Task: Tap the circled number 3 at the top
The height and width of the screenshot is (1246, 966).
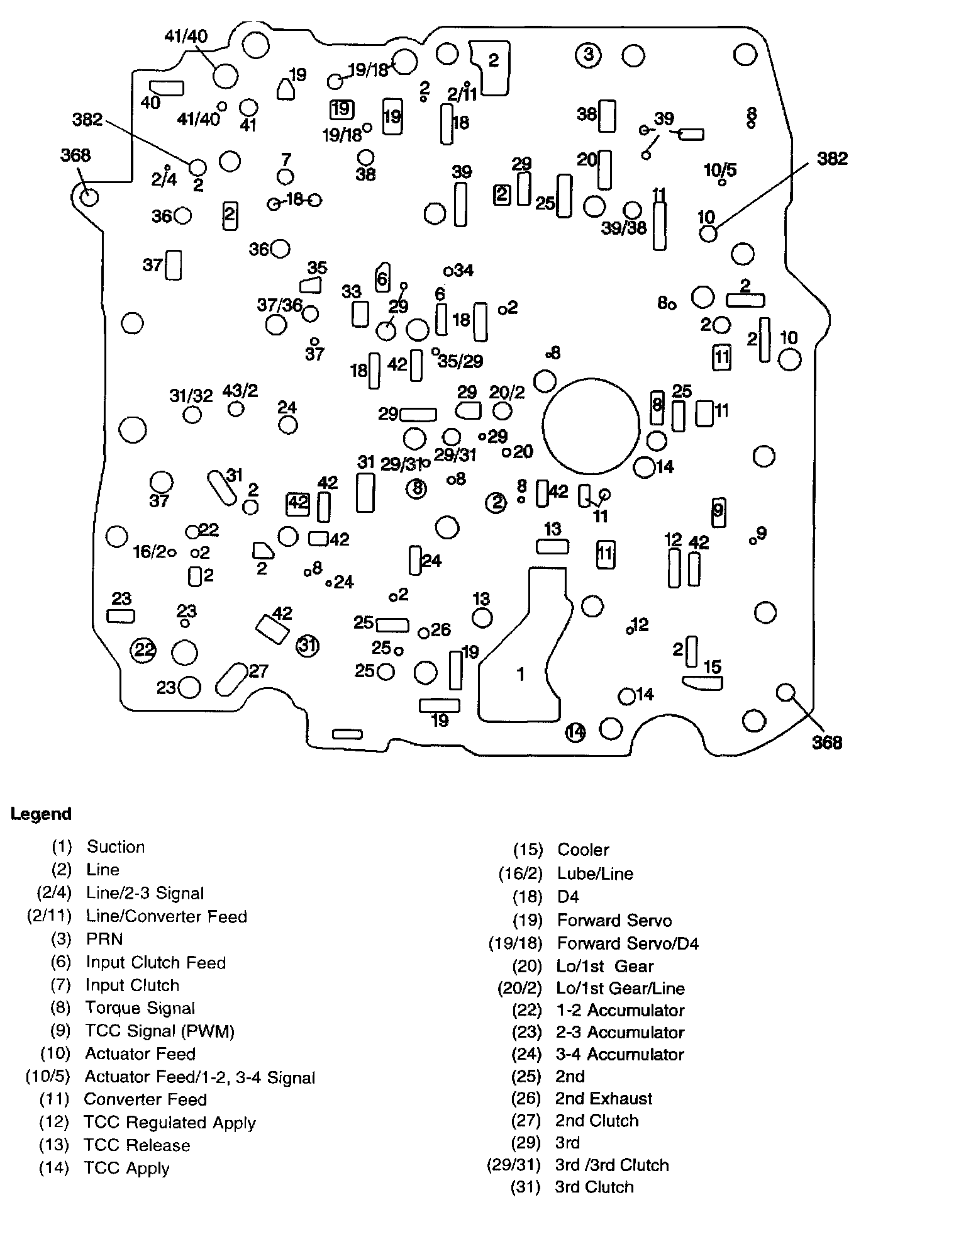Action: coord(588,55)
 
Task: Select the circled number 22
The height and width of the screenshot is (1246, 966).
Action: coord(143,649)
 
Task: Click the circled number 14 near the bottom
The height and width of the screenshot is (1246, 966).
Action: coord(575,732)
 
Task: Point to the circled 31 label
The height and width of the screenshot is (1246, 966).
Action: coord(307,645)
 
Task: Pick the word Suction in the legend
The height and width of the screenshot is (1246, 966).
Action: coord(116,847)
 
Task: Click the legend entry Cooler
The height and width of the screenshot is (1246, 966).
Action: coord(583,850)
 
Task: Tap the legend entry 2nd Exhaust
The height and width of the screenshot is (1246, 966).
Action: coord(604,1099)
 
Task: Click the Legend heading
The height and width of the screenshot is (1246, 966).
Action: coord(41,814)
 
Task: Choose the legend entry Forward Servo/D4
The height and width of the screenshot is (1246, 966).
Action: coord(628,943)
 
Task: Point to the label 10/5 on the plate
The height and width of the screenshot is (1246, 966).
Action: coord(720,170)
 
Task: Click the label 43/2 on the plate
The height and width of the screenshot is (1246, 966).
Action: coord(240,391)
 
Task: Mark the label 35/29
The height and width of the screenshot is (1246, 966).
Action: coord(460,361)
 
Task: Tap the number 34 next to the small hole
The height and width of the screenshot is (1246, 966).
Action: coord(464,271)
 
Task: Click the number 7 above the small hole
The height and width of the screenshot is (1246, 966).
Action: coord(286,159)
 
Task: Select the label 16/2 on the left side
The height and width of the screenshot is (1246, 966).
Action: coord(150,552)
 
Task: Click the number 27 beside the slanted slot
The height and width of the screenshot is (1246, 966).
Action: coord(258,671)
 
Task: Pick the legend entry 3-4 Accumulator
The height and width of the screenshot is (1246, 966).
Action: coord(619,1054)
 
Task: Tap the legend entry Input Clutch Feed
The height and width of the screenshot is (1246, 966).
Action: coord(155,963)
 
